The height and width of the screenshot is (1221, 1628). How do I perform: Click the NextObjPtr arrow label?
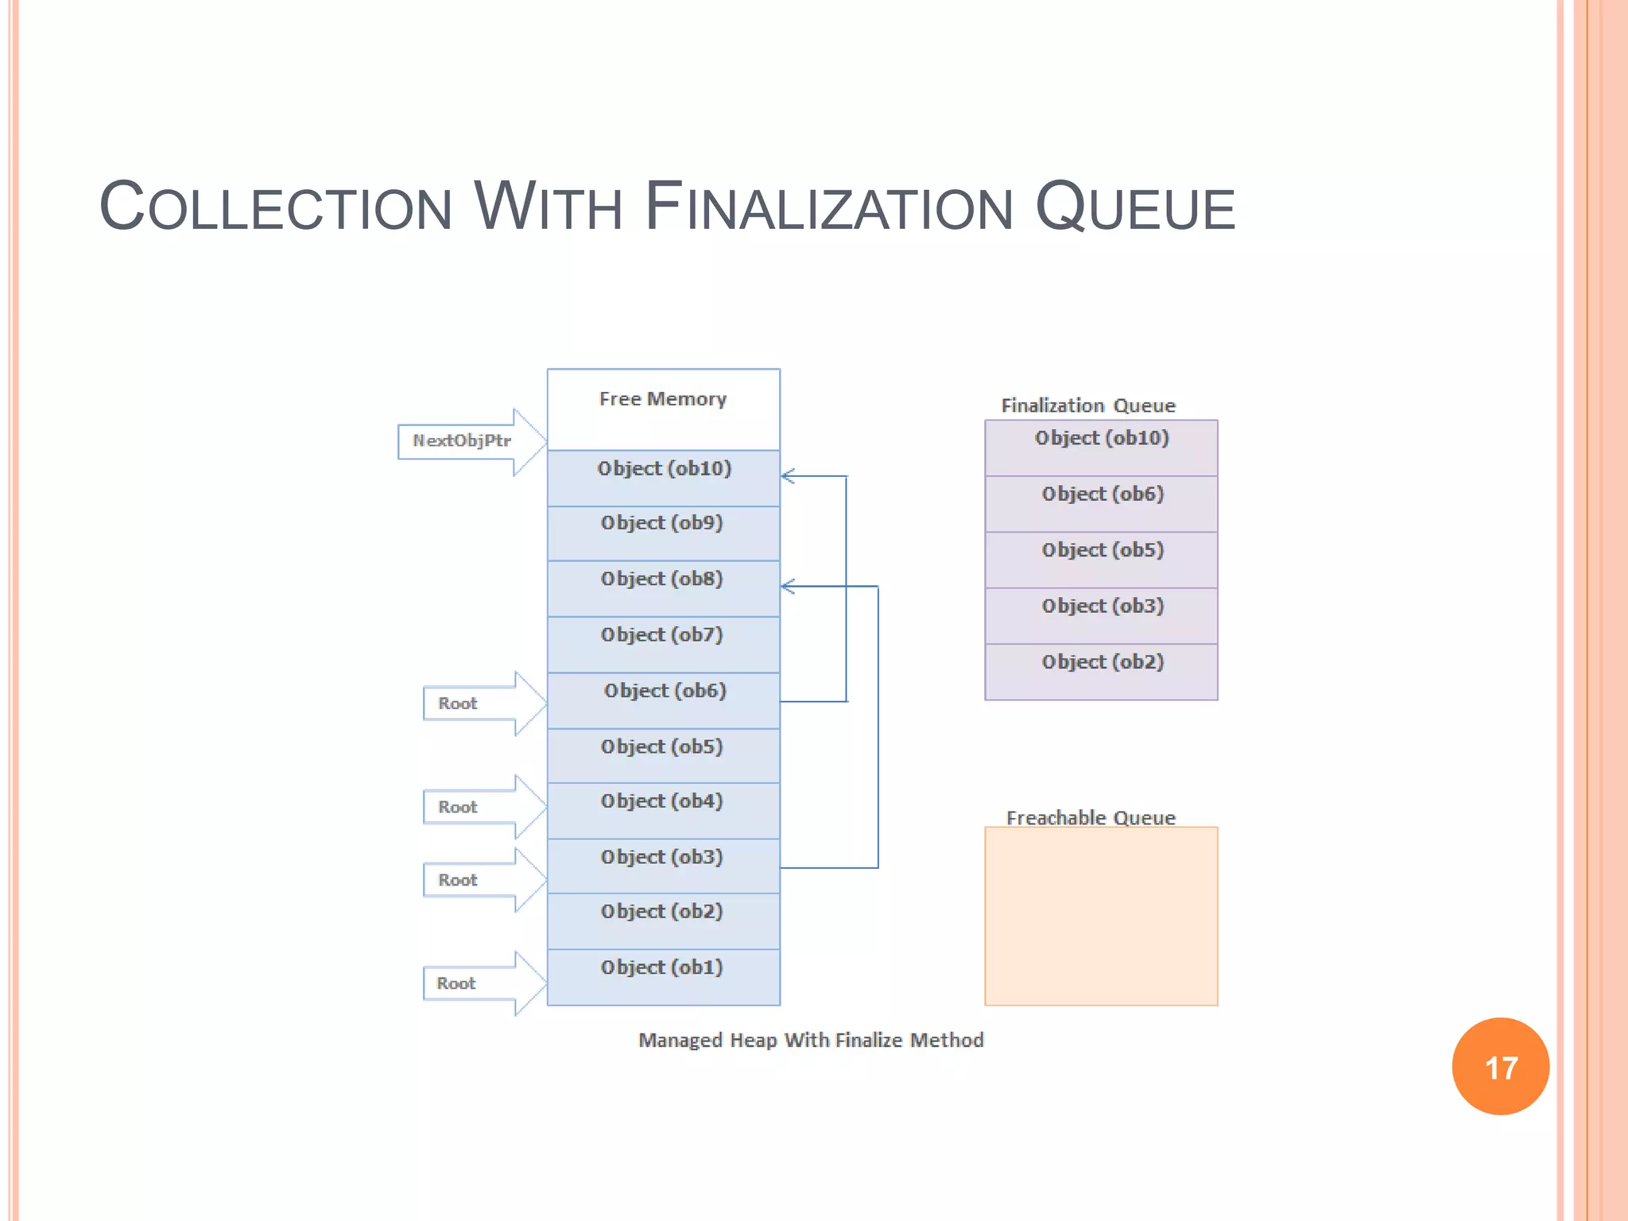tap(461, 441)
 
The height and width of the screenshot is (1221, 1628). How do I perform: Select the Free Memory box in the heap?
tap(663, 409)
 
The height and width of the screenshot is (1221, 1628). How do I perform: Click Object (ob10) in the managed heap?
tap(663, 477)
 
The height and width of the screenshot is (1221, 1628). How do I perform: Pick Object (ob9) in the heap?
tap(663, 532)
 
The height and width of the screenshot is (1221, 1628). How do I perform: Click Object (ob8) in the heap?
tap(663, 587)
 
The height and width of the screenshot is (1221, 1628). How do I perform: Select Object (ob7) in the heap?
tap(663, 643)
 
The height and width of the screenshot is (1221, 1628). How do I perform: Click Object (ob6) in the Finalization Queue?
tap(1101, 502)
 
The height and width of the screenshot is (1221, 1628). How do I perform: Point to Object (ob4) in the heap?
tap(663, 809)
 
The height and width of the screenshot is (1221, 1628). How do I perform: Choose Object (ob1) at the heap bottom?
tap(663, 975)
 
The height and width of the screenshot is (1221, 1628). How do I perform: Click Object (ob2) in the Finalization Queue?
tap(1101, 670)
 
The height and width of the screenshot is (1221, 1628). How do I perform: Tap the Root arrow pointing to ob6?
tap(477, 704)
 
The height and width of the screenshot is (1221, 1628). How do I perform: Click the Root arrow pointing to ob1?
tap(477, 983)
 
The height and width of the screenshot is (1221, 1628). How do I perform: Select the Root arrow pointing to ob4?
tap(477, 807)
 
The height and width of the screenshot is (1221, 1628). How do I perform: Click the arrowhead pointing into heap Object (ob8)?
tap(788, 587)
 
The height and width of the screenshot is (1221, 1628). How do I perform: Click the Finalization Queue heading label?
tap(1087, 405)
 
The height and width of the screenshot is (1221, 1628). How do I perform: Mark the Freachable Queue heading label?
tap(1090, 817)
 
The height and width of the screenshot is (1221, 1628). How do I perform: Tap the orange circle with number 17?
tap(1500, 1066)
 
